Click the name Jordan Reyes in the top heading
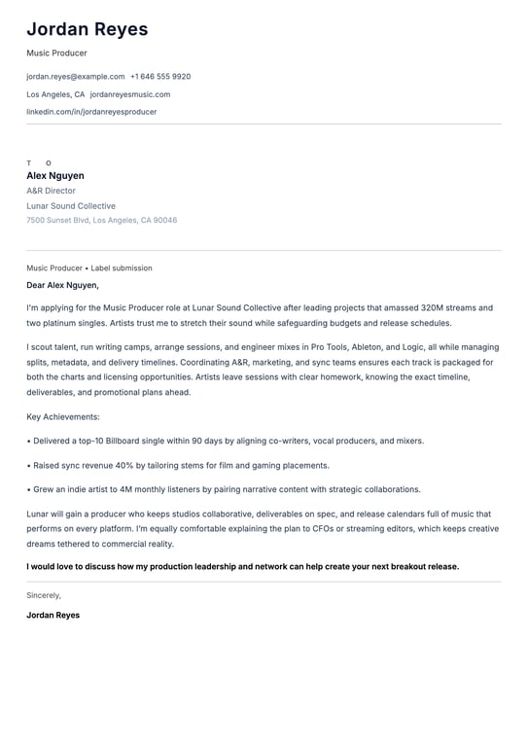click(x=88, y=29)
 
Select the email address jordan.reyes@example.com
click(x=76, y=76)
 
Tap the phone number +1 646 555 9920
click(x=160, y=76)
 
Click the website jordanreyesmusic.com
click(x=130, y=94)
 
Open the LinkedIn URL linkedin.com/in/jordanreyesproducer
click(x=91, y=112)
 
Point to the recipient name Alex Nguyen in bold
click(x=55, y=176)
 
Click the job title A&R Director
click(x=51, y=191)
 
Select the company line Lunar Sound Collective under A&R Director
click(x=71, y=206)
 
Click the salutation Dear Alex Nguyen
click(x=62, y=285)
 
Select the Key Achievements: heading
click(x=63, y=416)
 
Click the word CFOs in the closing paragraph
click(x=308, y=529)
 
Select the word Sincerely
click(x=44, y=594)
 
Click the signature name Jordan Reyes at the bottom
click(x=53, y=615)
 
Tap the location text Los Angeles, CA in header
click(x=55, y=94)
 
